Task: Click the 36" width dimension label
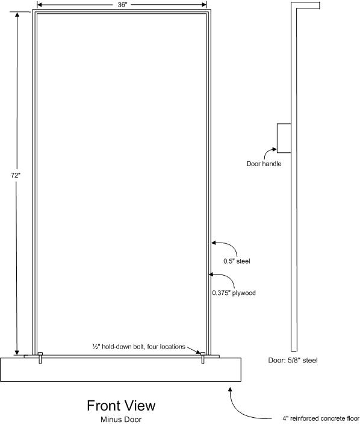point(122,5)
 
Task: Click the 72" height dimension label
point(16,175)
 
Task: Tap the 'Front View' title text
point(121,406)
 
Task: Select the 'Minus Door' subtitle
point(121,420)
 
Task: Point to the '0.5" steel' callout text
point(237,261)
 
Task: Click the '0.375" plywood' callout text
point(234,293)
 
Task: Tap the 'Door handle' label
point(264,164)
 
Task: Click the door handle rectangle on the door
point(284,138)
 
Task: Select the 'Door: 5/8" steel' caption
point(293,360)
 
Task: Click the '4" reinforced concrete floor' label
point(321,418)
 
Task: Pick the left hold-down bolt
point(40,358)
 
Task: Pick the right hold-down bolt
point(203,358)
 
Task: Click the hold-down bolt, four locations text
point(139,347)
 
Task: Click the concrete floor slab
point(120,370)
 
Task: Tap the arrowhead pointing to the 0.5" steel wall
point(214,243)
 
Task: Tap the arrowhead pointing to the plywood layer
point(211,275)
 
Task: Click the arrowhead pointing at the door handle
point(275,149)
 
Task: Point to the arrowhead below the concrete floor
point(230,389)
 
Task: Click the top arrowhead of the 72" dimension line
point(17,14)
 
